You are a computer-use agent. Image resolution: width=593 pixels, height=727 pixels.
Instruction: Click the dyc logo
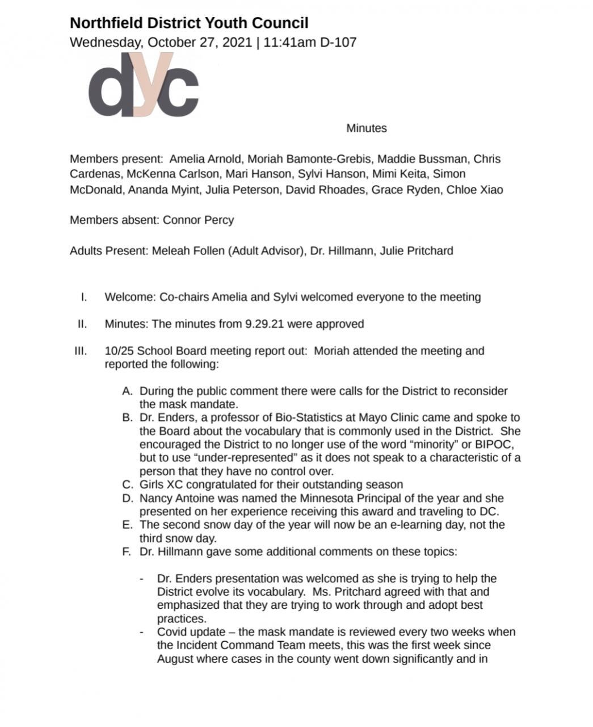pos(144,85)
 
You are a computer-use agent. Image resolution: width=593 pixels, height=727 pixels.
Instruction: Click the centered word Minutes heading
pos(367,128)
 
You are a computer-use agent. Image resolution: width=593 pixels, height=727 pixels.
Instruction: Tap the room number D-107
pos(339,42)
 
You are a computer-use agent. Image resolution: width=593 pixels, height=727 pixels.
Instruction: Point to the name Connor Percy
pos(198,220)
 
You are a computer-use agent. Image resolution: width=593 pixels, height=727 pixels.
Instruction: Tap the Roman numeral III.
pos(81,350)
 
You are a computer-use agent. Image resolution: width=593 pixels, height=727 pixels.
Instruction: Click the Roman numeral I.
pos(84,296)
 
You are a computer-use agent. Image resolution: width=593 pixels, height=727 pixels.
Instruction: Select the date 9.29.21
pos(266,324)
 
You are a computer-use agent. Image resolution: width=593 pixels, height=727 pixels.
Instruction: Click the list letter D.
pos(127,498)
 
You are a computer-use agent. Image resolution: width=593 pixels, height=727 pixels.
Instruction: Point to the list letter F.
pos(127,551)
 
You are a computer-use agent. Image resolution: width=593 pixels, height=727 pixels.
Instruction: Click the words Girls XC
pos(161,484)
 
